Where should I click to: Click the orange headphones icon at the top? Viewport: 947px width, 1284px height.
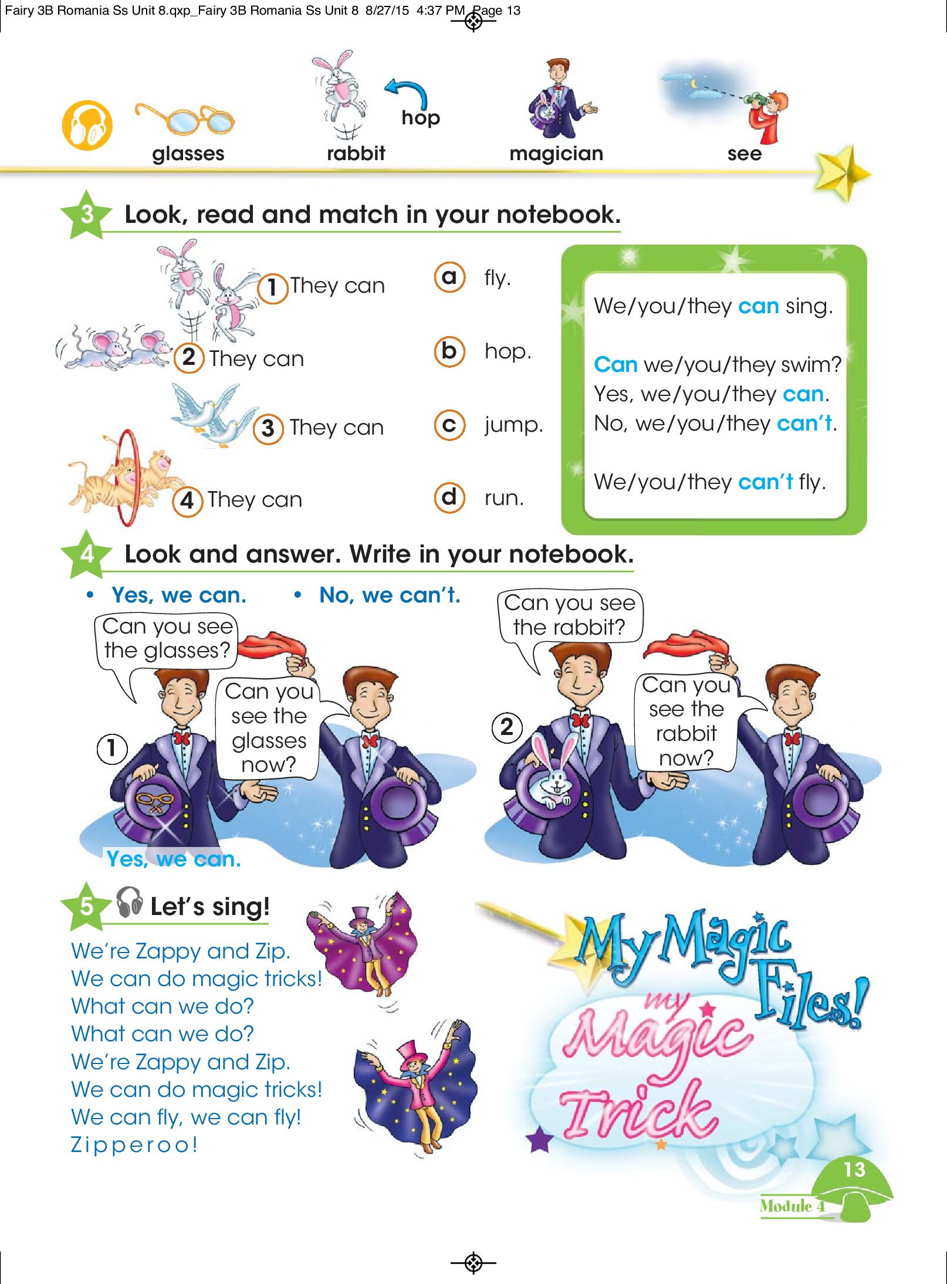(x=87, y=126)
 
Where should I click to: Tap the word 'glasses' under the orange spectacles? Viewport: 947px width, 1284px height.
(x=188, y=154)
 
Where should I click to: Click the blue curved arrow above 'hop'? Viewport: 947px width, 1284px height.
(x=406, y=93)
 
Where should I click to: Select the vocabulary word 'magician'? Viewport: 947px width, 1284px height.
(x=556, y=154)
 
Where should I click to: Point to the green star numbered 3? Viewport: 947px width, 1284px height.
(x=86, y=215)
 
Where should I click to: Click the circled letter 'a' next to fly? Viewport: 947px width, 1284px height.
(x=449, y=277)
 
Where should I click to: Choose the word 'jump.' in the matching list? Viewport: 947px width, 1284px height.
(x=513, y=425)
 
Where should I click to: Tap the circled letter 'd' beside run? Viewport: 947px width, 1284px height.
(x=449, y=497)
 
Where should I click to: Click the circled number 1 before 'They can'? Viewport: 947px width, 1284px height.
(x=273, y=288)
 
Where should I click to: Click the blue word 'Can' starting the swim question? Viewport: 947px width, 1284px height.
(x=615, y=364)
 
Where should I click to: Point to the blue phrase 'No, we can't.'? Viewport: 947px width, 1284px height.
(x=390, y=595)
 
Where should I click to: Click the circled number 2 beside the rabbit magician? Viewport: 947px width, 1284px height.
(x=507, y=728)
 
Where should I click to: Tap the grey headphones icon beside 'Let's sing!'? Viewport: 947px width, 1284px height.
(x=129, y=902)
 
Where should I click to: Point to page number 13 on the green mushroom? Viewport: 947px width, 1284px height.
(x=854, y=1170)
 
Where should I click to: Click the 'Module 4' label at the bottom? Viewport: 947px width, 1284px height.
(x=792, y=1207)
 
